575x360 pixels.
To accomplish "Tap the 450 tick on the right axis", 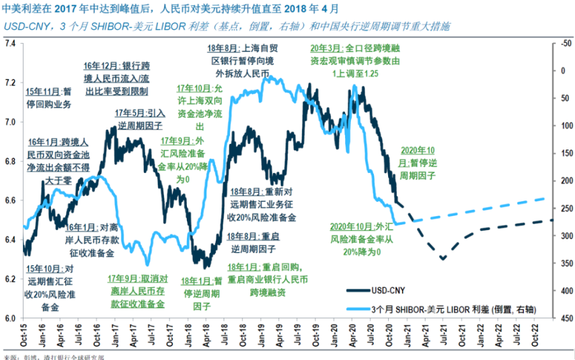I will click(564, 318).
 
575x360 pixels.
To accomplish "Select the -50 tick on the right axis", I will click(564, 44).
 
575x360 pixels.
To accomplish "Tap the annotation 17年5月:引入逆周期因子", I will click(139, 118).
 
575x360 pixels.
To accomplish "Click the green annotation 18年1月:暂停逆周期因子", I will click(202, 293).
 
